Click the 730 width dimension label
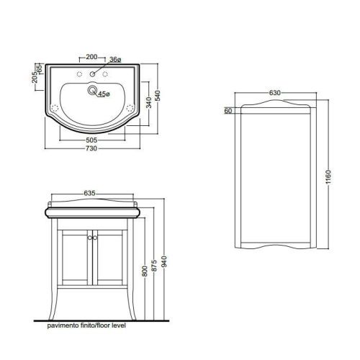91,148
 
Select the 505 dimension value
91,140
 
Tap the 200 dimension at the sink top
91,57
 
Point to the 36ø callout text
115,59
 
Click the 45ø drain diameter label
104,94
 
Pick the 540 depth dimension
158,96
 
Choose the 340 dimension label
149,102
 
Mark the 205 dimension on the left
35,77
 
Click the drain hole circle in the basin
92,90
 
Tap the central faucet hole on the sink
92,74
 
